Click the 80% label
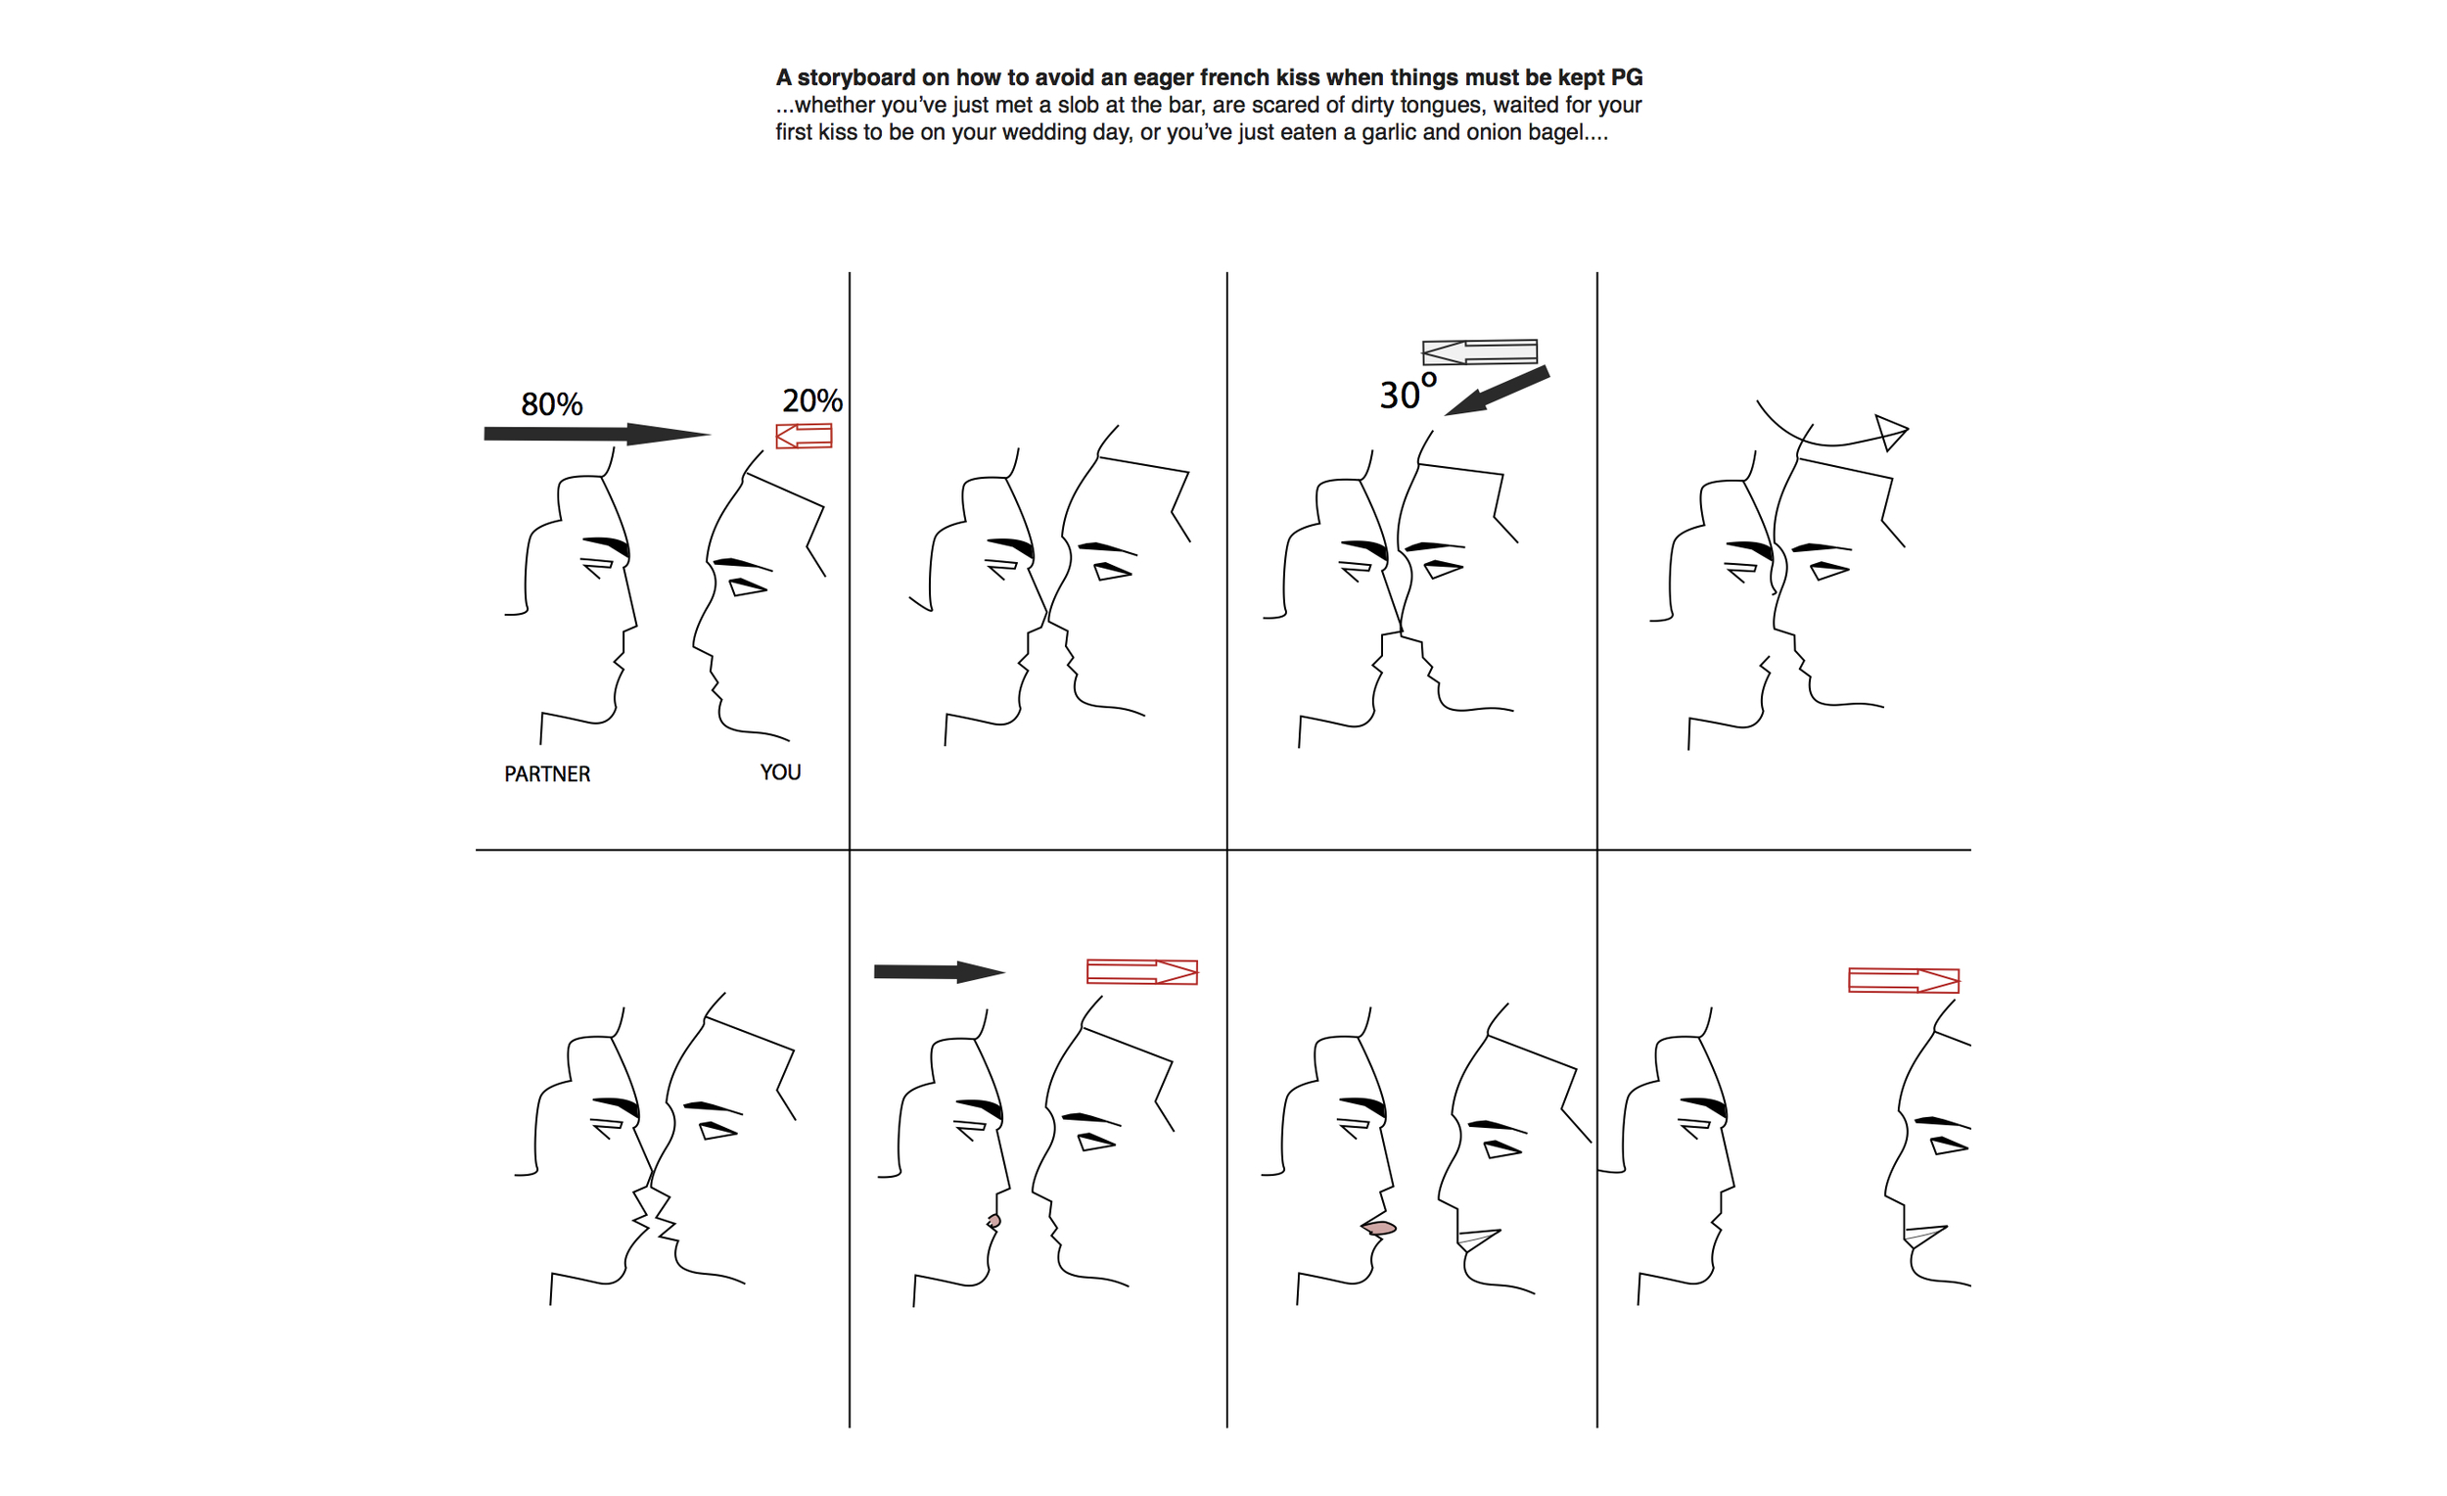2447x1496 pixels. click(551, 404)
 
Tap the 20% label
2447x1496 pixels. click(812, 400)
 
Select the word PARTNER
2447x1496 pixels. click(547, 773)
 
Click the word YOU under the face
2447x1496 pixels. click(780, 771)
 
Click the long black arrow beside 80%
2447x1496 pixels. click(597, 434)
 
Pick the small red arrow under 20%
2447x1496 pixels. click(804, 436)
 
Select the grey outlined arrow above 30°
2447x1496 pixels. click(1480, 351)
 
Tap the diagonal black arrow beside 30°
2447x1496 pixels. click(1497, 391)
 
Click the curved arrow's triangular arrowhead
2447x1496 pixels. click(1891, 431)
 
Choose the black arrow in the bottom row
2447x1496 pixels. click(940, 971)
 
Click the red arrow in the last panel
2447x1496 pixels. click(1904, 980)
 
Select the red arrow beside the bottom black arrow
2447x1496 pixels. click(1142, 971)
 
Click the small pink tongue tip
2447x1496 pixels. click(994, 1221)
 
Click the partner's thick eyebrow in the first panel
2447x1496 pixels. click(606, 545)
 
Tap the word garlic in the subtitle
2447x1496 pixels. click(1388, 132)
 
